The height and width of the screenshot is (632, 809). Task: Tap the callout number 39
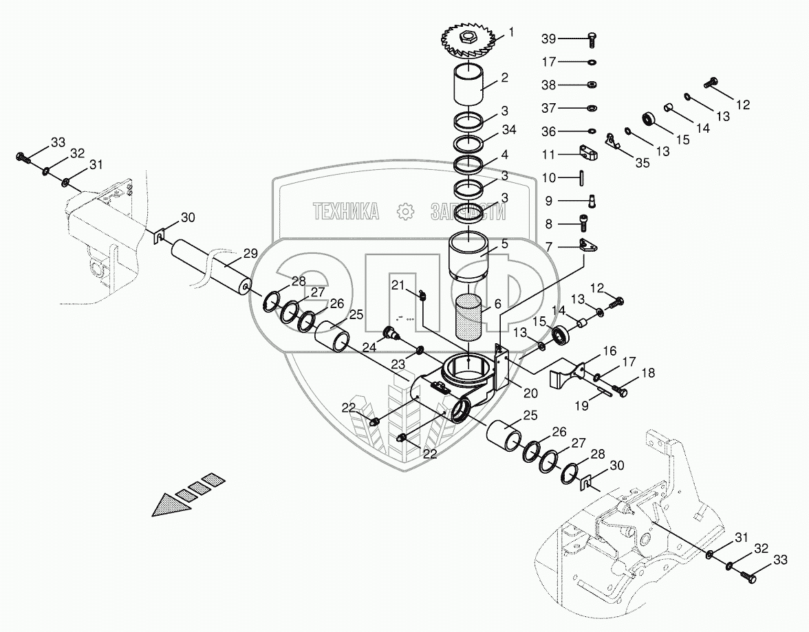568,39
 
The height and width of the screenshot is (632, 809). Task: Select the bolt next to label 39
593,39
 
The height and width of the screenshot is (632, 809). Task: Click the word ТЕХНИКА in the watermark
346,212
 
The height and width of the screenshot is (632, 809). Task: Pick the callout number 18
649,373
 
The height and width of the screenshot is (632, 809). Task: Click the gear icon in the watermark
405,211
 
